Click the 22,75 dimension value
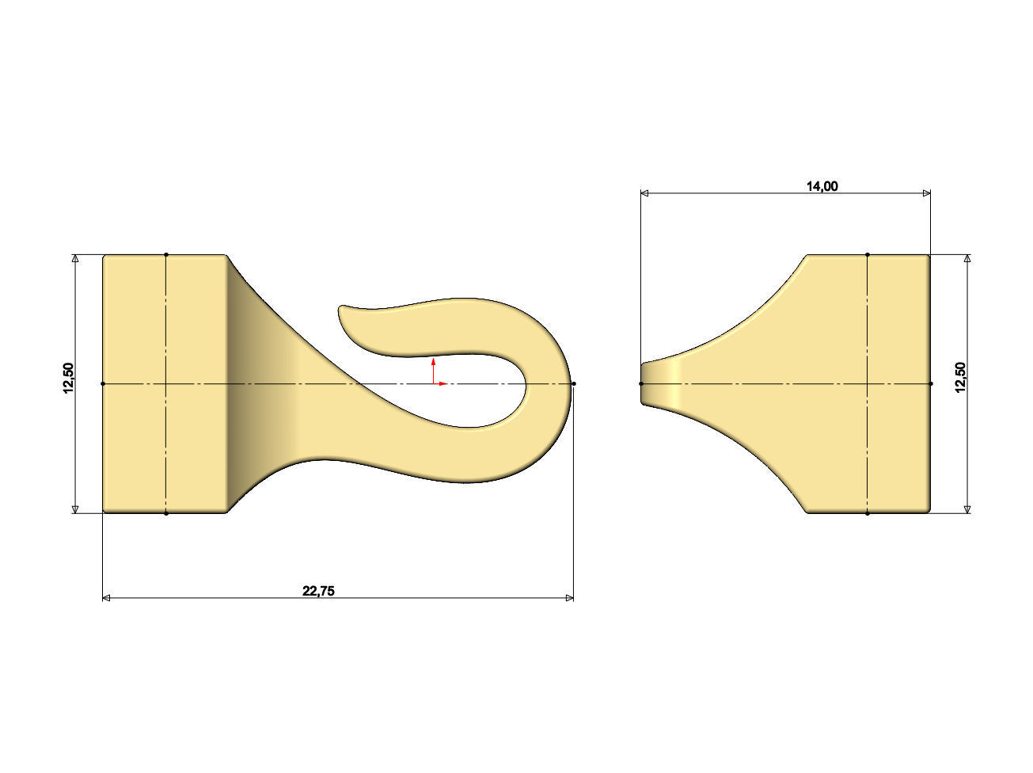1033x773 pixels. (x=318, y=590)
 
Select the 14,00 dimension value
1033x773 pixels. (x=822, y=186)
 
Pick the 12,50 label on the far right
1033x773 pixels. (x=960, y=377)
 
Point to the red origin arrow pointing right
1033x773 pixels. (x=442, y=383)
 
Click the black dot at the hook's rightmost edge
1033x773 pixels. (x=574, y=383)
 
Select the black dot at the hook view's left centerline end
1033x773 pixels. (x=103, y=383)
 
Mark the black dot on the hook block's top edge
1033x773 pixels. (x=166, y=254)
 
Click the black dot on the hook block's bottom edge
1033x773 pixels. (x=166, y=513)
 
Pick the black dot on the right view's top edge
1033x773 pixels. (x=868, y=254)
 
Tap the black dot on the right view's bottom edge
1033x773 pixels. (x=868, y=513)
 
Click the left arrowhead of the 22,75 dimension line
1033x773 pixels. (x=107, y=598)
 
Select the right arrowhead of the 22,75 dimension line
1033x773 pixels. (x=570, y=598)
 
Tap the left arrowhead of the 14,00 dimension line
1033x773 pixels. (x=645, y=192)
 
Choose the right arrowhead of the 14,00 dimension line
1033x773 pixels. (x=926, y=192)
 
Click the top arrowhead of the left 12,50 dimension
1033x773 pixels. (x=75, y=259)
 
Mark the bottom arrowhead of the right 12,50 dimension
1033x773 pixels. (x=967, y=509)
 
